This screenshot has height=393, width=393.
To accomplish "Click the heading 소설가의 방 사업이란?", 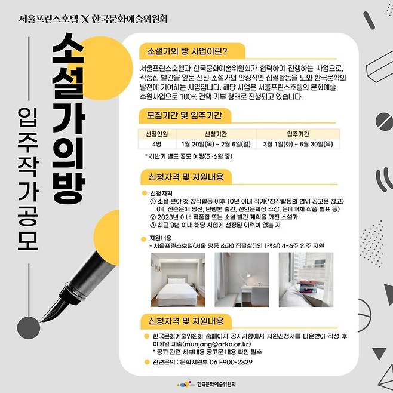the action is [187, 51].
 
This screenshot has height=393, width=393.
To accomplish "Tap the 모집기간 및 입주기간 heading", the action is [184, 115].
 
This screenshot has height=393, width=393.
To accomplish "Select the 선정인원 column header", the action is [157, 134].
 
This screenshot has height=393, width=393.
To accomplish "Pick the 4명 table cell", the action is [157, 144].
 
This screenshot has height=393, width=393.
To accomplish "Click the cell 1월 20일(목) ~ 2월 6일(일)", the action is [216, 144].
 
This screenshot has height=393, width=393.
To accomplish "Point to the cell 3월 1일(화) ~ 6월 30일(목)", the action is [298, 144].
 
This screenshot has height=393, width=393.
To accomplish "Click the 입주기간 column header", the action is [298, 134].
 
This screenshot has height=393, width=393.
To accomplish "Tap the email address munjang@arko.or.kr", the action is [217, 344].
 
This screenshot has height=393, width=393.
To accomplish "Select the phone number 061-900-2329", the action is [231, 362].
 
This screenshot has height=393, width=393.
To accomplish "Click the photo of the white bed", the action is [178, 280].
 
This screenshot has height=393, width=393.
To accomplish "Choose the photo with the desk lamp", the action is [242, 280].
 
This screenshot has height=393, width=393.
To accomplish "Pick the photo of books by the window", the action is [306, 280].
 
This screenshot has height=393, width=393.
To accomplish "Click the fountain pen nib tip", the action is [40, 322].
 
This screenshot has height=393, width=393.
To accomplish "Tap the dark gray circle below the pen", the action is [29, 328].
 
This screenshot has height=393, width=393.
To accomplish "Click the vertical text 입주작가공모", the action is [28, 179].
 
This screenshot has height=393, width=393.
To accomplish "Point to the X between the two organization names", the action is [85, 19].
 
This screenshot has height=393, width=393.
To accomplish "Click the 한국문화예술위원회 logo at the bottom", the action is [207, 384].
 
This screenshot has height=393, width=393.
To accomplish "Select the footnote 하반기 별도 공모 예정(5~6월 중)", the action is [189, 156].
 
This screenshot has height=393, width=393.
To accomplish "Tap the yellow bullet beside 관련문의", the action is [147, 362].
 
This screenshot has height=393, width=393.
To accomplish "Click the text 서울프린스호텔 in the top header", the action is [48, 19].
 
